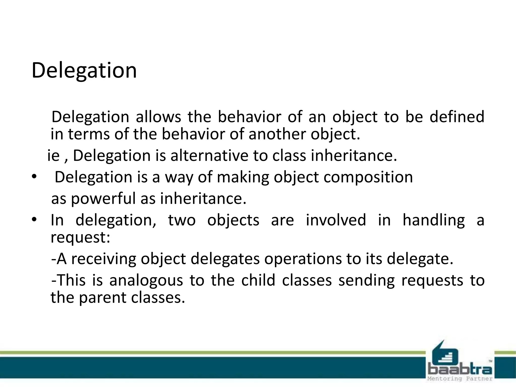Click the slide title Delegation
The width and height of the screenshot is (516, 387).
(84, 71)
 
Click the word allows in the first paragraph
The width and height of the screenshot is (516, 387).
(158, 117)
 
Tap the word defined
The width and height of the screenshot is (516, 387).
(457, 117)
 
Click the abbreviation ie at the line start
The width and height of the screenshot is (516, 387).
(53, 155)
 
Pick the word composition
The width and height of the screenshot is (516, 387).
(368, 177)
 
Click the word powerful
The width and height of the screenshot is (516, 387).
(103, 199)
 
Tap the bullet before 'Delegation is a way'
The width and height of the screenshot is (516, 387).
(34, 177)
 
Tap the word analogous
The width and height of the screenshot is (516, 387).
(146, 280)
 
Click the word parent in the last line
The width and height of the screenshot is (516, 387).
(103, 298)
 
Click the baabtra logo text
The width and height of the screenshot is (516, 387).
(460, 370)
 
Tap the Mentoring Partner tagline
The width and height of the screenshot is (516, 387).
(460, 379)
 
